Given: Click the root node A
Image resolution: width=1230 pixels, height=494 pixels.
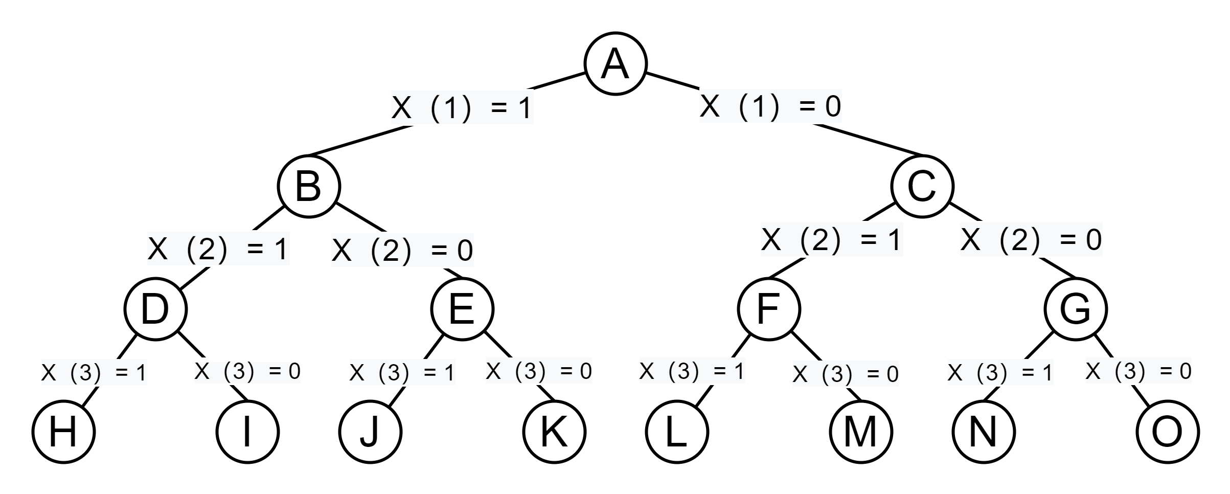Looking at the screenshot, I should click(616, 64).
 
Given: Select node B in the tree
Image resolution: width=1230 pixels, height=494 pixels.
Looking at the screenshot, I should click(309, 187).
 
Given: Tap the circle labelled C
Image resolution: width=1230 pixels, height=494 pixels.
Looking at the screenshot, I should click(922, 187).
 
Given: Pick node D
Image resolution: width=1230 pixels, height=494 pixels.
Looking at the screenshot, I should click(155, 309).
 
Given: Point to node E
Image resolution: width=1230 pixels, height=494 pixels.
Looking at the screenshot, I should click(462, 309).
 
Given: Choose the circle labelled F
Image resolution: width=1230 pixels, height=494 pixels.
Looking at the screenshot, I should click(769, 309).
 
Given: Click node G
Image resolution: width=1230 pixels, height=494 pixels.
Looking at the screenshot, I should click(1076, 309).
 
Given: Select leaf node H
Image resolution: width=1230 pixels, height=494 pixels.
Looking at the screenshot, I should click(63, 432).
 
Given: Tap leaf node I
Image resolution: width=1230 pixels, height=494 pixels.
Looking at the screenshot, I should click(247, 432).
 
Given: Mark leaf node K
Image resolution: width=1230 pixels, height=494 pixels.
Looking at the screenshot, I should click(554, 432).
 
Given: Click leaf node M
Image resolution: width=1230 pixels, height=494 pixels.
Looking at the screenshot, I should click(861, 432).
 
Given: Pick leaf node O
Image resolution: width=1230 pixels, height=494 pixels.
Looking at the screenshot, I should click(1168, 432).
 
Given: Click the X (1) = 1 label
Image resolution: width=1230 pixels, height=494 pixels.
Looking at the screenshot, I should click(462, 107).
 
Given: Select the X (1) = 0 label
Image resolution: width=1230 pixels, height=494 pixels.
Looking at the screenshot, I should click(770, 106).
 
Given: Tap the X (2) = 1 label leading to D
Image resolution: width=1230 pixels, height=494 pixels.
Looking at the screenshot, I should click(218, 249).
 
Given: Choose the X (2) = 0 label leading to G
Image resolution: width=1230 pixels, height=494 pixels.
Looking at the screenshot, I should click(1031, 239).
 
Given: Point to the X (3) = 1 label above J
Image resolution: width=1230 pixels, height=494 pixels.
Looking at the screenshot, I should click(402, 373).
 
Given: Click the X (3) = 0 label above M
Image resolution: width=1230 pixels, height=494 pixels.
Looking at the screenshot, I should click(846, 374).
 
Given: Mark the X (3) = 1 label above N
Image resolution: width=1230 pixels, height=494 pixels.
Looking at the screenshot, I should click(1000, 373).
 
